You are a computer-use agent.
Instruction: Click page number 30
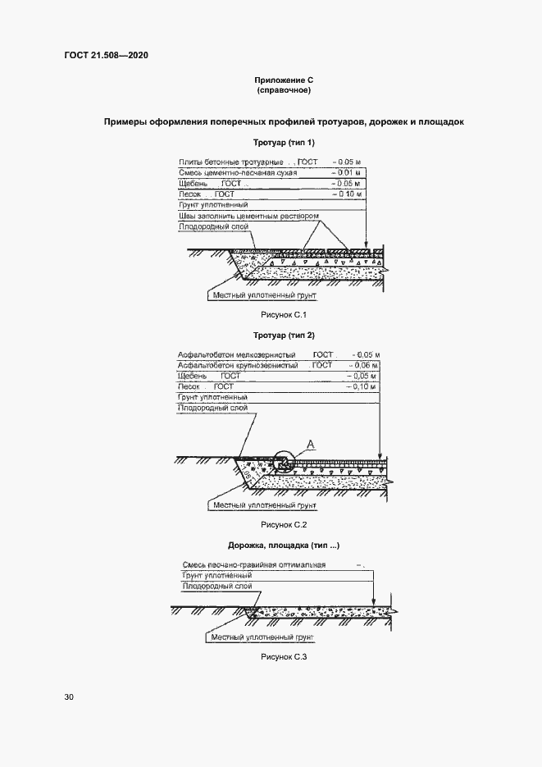click(x=69, y=697)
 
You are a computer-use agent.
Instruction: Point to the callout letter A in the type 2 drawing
click(x=311, y=444)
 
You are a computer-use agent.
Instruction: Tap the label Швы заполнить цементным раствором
click(x=248, y=216)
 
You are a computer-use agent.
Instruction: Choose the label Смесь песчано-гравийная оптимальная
click(x=253, y=565)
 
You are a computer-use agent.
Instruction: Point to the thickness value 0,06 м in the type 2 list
click(x=362, y=365)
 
